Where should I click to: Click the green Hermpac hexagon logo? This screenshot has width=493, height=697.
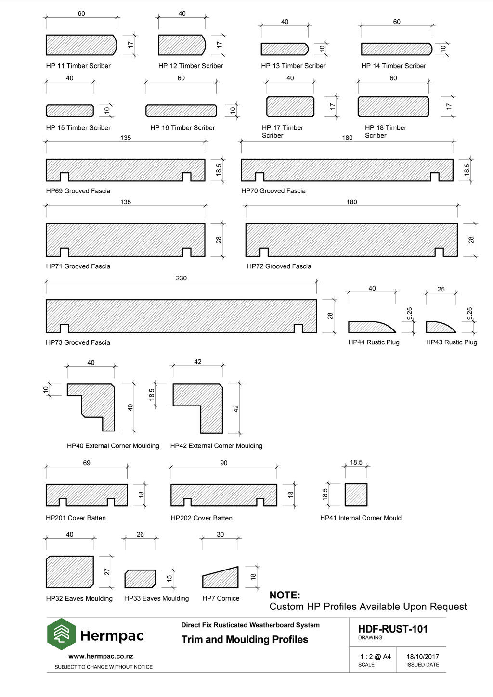point(61,634)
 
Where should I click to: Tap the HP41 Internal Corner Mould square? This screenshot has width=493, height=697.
point(356,494)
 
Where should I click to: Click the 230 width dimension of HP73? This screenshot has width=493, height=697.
point(181,278)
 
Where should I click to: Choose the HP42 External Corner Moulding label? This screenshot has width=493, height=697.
point(216,446)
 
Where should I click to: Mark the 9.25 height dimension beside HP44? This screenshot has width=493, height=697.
point(410,314)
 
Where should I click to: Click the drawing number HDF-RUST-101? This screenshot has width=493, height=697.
point(393,629)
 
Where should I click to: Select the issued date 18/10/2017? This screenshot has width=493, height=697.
point(423,657)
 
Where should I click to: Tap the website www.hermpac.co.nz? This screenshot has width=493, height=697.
point(101,656)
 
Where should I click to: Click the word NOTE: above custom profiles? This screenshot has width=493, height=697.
point(285,595)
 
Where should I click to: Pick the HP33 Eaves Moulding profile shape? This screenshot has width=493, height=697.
point(140,579)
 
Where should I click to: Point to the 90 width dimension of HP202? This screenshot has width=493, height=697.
point(223,463)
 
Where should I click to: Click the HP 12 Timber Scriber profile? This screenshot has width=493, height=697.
point(182,45)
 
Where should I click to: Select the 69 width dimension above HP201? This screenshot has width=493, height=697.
point(87,463)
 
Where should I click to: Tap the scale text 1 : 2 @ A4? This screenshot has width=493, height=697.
point(375,657)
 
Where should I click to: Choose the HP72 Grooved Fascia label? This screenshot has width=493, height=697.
point(279,266)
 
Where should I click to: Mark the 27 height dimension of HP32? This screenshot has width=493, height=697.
point(107,572)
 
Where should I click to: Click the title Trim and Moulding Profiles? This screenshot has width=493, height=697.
point(245,639)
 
